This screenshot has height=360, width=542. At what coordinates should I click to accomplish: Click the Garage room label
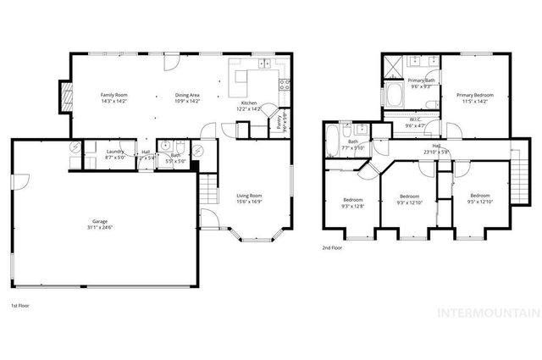tap(100, 221)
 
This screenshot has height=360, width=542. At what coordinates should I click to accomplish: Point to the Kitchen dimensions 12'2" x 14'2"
tap(249, 108)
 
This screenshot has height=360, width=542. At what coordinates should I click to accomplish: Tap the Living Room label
tap(249, 196)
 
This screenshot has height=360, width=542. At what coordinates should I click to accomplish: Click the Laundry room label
tap(115, 152)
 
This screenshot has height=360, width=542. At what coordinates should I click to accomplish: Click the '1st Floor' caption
tap(19, 305)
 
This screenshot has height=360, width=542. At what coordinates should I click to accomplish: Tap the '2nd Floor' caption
tap(331, 248)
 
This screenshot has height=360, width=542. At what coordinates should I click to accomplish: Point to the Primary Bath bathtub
tap(396, 95)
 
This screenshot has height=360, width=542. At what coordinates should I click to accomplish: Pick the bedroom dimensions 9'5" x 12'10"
tap(480, 202)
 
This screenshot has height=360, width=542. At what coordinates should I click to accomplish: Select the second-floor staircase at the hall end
tap(517, 174)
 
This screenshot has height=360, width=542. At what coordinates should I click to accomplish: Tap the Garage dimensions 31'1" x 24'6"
tap(100, 227)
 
